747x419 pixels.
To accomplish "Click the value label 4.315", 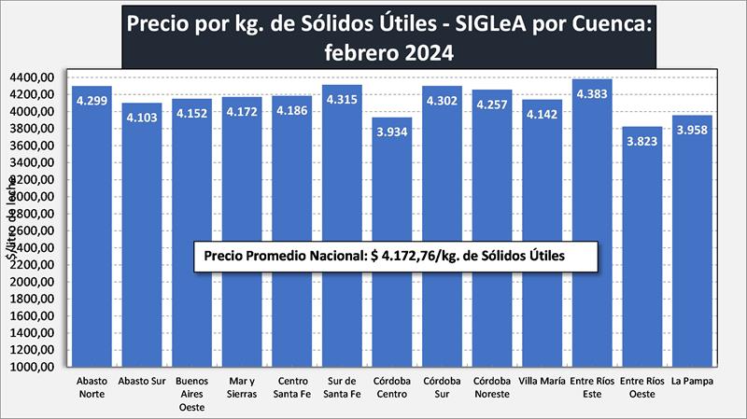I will (x=341, y=99).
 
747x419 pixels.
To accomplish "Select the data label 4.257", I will (x=492, y=105).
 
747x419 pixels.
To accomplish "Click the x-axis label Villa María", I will (x=543, y=382).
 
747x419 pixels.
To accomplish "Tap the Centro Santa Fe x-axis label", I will (x=290, y=387).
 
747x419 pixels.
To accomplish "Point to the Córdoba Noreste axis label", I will (x=492, y=387).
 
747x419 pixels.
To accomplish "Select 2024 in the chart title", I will (x=427, y=53).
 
